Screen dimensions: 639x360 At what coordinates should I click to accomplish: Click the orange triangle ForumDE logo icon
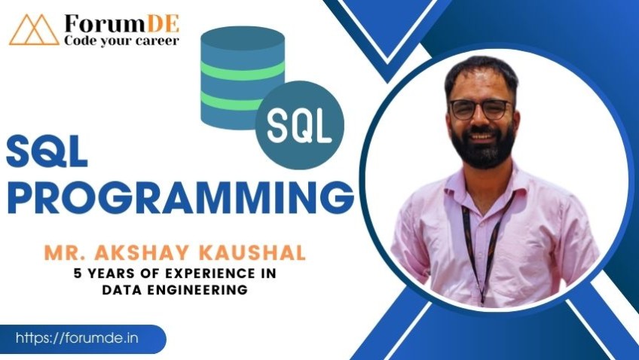[34, 29]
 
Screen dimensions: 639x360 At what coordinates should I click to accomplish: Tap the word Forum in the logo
[105, 23]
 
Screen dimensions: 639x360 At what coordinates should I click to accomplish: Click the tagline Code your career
[121, 41]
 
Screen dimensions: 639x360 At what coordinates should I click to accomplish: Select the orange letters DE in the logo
[163, 23]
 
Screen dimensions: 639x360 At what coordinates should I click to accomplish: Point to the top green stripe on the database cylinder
[243, 71]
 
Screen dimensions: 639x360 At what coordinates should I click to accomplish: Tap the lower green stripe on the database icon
[232, 100]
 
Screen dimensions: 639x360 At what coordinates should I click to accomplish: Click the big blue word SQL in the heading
[47, 151]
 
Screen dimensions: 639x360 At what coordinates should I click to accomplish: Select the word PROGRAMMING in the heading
[181, 197]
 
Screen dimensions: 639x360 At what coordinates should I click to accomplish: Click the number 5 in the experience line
[78, 273]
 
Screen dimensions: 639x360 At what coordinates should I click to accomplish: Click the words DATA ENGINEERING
[175, 289]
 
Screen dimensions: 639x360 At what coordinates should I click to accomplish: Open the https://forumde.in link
[77, 338]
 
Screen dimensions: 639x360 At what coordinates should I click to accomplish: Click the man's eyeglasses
[480, 109]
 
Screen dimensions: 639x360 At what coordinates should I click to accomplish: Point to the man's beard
[483, 147]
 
